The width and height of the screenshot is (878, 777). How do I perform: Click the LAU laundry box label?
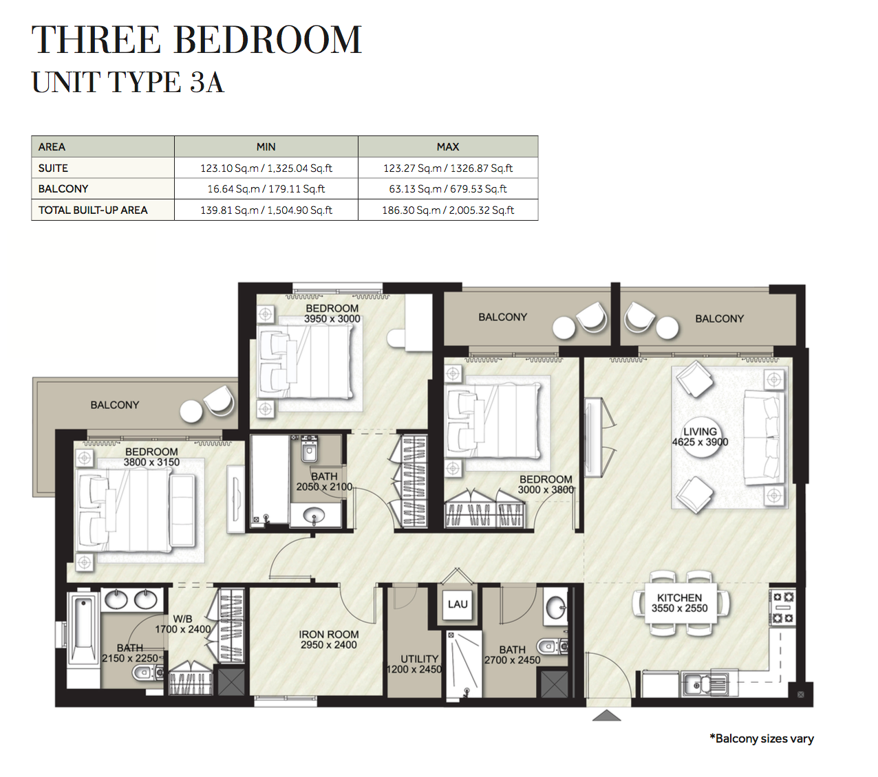[x=458, y=604]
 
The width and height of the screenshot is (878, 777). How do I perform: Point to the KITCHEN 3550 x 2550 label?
[x=679, y=603]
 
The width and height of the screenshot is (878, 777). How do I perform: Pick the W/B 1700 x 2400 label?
[x=182, y=624]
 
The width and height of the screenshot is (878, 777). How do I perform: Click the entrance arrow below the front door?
[x=606, y=715]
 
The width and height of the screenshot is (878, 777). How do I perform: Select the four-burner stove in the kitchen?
[x=783, y=608]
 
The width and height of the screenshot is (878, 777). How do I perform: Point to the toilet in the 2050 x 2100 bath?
[x=309, y=450]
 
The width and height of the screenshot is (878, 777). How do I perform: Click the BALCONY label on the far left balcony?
[x=114, y=405]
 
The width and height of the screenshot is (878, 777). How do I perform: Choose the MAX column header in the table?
[x=448, y=147]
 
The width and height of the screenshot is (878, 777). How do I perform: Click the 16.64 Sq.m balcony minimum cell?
[x=266, y=189]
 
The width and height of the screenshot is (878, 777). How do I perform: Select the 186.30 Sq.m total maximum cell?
[x=448, y=210]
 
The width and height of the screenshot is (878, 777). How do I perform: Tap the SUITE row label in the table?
[x=53, y=168]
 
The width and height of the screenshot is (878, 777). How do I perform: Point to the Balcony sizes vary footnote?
[x=762, y=738]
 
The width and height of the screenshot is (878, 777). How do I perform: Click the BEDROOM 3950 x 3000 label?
[x=332, y=314]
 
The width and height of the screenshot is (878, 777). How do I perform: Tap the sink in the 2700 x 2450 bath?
[x=555, y=606]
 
